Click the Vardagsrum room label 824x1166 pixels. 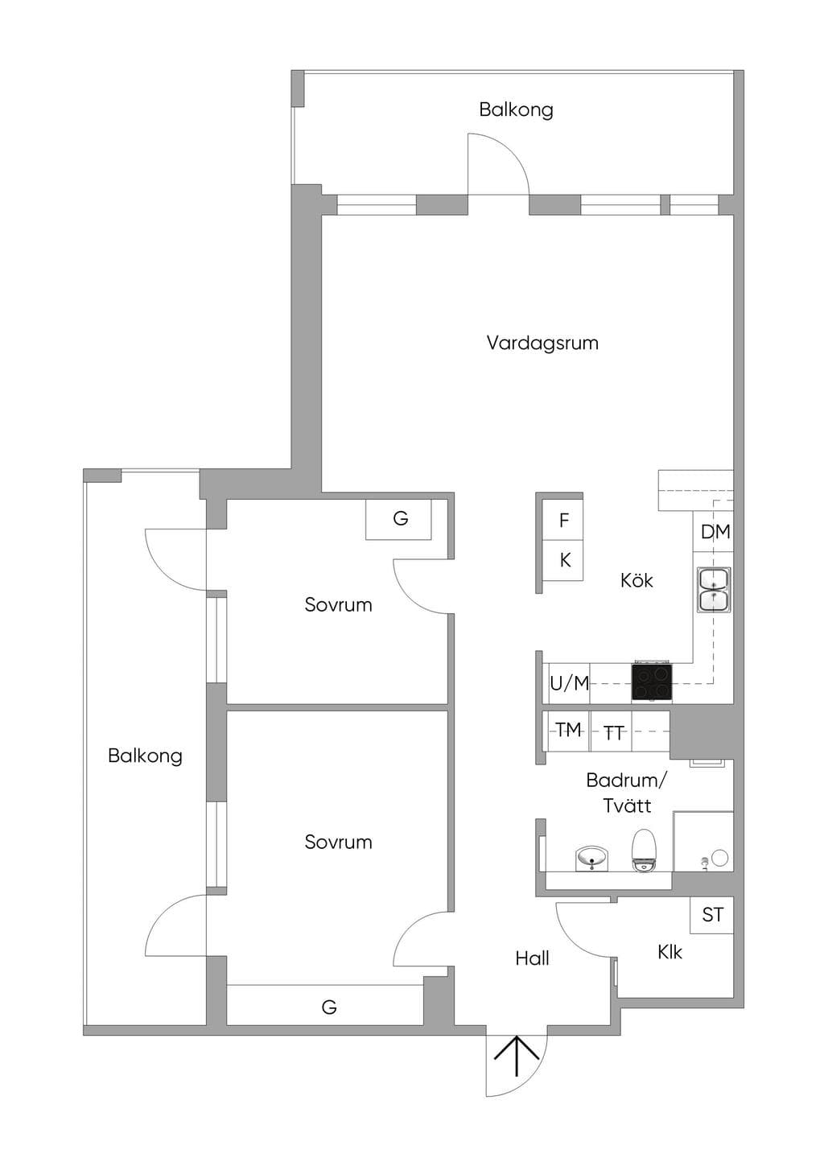pyautogui.click(x=542, y=344)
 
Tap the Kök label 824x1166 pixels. pyautogui.click(x=636, y=580)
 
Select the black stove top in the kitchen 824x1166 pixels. pyautogui.click(x=652, y=682)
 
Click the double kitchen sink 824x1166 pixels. pyautogui.click(x=715, y=589)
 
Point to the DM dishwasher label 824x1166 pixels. pyautogui.click(x=715, y=532)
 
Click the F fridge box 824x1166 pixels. pyautogui.click(x=563, y=520)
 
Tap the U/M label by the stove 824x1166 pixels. pyautogui.click(x=569, y=683)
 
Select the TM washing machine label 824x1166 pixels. pyautogui.click(x=568, y=730)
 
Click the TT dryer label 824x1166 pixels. pyautogui.click(x=613, y=733)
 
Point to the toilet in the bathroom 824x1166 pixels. pyautogui.click(x=644, y=850)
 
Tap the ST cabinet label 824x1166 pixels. pyautogui.click(x=712, y=915)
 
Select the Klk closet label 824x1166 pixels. pyautogui.click(x=669, y=952)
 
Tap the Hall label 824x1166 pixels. pyautogui.click(x=532, y=958)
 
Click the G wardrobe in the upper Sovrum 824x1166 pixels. pyautogui.click(x=399, y=519)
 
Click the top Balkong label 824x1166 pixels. pyautogui.click(x=516, y=110)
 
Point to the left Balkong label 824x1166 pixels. pyautogui.click(x=145, y=756)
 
